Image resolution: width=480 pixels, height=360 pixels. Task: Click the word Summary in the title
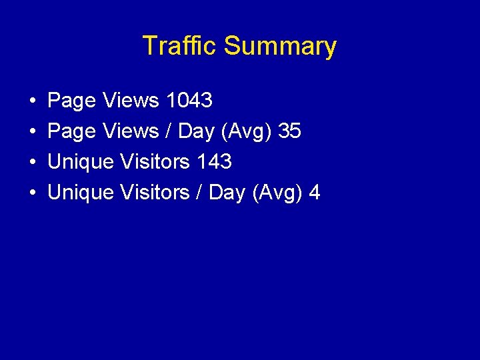click(x=280, y=47)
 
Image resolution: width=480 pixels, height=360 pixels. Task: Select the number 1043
click(x=189, y=101)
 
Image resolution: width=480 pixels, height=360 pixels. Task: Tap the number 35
click(x=290, y=131)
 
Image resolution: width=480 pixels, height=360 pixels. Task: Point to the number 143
click(x=214, y=162)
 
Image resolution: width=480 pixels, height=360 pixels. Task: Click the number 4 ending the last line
click(x=315, y=193)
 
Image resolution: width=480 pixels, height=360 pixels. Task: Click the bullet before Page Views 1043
click(x=33, y=101)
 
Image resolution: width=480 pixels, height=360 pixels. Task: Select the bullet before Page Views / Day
click(x=33, y=132)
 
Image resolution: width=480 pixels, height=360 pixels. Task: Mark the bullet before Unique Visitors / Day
click(x=33, y=193)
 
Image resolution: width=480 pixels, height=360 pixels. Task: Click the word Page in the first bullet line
click(x=72, y=101)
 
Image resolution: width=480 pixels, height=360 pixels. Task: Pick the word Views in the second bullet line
click(x=131, y=131)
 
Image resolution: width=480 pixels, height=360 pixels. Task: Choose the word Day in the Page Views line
click(x=196, y=132)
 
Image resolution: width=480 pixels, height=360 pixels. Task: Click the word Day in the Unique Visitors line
click(x=227, y=193)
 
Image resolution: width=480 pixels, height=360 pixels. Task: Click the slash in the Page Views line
click(x=169, y=132)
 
